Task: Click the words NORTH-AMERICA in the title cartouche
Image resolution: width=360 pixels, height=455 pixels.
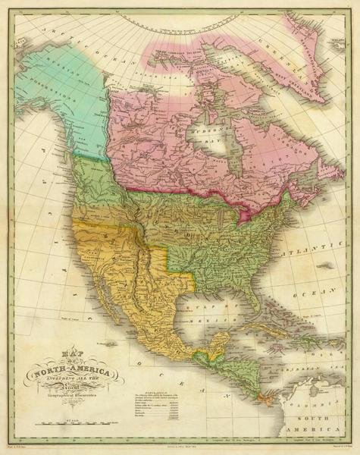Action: (72, 372)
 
